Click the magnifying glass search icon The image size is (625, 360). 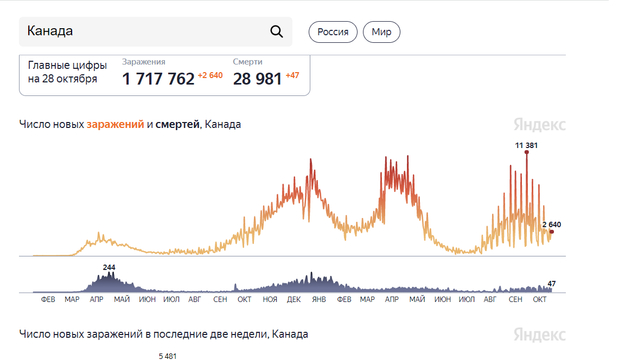pyautogui.click(x=277, y=31)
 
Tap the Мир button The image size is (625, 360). pyautogui.click(x=381, y=32)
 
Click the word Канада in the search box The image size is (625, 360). pyautogui.click(x=50, y=31)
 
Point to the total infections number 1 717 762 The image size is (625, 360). pyautogui.click(x=158, y=79)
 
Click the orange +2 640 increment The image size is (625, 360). pyautogui.click(x=210, y=75)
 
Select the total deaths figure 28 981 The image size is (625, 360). pyautogui.click(x=258, y=79)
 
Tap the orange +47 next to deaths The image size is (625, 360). pyautogui.click(x=292, y=75)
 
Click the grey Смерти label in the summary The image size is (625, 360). pyautogui.click(x=248, y=62)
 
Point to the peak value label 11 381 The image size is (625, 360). pyautogui.click(x=526, y=145)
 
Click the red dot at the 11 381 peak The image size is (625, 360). pyautogui.click(x=526, y=152)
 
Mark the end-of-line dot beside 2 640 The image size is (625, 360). pyautogui.click(x=552, y=232)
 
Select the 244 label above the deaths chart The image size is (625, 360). pyautogui.click(x=109, y=267)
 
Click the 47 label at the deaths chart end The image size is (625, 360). pyautogui.click(x=552, y=284)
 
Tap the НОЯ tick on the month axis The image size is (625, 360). pyautogui.click(x=270, y=299)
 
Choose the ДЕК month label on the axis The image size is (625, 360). pyautogui.click(x=294, y=299)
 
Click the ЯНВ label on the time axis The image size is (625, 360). pyautogui.click(x=319, y=299)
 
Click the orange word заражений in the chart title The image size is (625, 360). pyautogui.click(x=116, y=125)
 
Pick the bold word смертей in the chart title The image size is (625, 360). pyautogui.click(x=178, y=125)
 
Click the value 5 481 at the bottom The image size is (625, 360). pyautogui.click(x=168, y=356)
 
